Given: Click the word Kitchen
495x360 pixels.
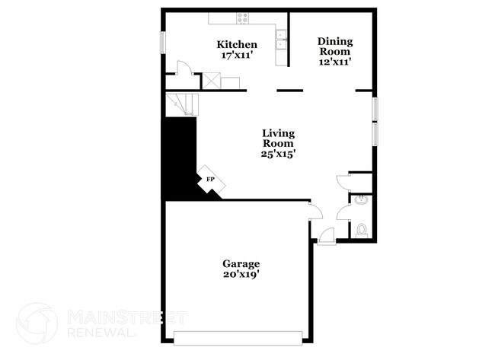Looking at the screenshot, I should tap(237, 45).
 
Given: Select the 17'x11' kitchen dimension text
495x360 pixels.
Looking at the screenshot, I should tap(237, 56).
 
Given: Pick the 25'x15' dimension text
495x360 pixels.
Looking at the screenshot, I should tap(279, 153).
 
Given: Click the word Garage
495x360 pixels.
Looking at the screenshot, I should tap(241, 263).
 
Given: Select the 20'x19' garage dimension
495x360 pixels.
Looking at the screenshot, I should tap(241, 275).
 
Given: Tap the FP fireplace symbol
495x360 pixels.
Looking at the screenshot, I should tap(209, 180).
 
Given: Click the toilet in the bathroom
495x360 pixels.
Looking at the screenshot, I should tap(362, 229).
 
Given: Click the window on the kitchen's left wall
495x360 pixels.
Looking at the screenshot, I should tap(161, 42).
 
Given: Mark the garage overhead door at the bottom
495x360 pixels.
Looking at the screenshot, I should tap(240, 336).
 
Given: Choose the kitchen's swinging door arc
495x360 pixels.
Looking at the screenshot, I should tap(183, 68).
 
